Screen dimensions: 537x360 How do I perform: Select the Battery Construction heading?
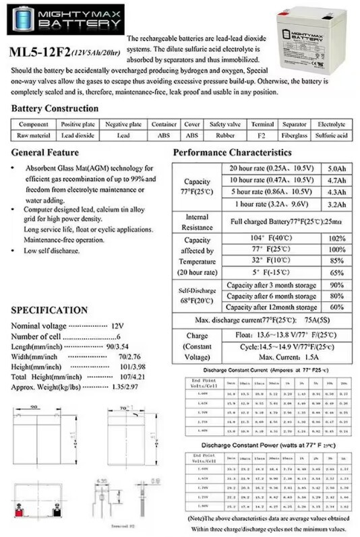55,108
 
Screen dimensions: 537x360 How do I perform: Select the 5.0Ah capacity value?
336,168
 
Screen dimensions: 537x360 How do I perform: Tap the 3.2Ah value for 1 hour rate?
336,204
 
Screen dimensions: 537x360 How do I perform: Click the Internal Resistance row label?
197,222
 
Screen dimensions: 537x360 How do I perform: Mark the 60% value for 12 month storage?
336,307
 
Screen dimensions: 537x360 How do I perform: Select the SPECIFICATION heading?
49,311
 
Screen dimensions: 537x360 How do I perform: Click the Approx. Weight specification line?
73,387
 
